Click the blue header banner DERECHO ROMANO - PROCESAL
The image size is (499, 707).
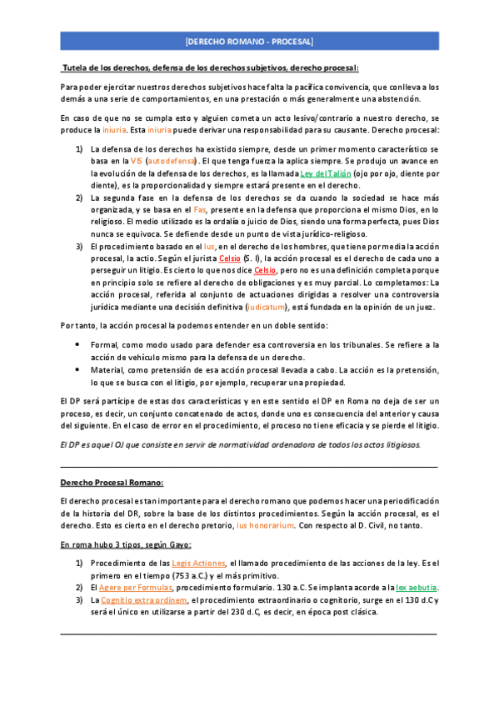pyautogui.click(x=249, y=40)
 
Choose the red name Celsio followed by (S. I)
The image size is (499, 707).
pyautogui.click(x=230, y=258)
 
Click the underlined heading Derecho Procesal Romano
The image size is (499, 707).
pyautogui.click(x=112, y=483)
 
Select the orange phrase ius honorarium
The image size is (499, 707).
pyautogui.click(x=265, y=525)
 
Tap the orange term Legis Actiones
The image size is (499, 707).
pyautogui.click(x=198, y=563)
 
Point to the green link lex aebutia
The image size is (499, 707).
pyautogui.click(x=417, y=588)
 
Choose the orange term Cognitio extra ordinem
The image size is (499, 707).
pyautogui.click(x=144, y=599)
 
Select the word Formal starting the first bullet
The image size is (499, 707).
pyautogui.click(x=105, y=320)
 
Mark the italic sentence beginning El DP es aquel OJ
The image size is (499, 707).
pyautogui.click(x=241, y=444)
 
